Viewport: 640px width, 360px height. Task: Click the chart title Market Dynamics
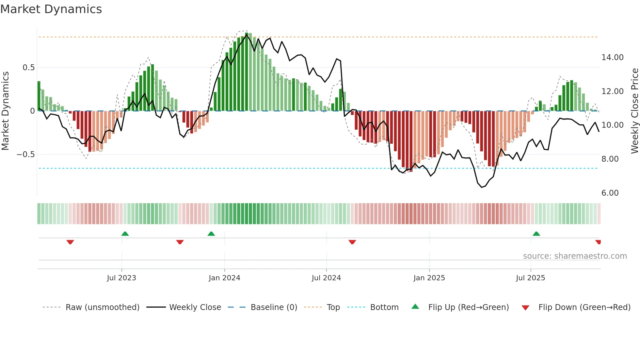(51, 9)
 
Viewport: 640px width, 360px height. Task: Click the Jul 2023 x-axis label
(121, 278)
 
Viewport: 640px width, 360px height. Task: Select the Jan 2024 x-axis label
(224, 278)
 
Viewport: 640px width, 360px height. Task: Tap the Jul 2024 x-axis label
(326, 278)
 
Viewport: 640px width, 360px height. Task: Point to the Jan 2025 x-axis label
(429, 278)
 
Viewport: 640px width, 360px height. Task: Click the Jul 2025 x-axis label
(531, 278)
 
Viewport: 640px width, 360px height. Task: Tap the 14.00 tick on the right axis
(612, 57)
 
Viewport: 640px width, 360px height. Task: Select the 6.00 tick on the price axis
(610, 193)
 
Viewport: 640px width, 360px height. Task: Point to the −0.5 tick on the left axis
(25, 155)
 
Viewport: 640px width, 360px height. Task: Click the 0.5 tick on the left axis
(28, 68)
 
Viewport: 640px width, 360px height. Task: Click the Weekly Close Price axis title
(634, 111)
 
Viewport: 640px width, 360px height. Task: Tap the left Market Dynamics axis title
(5, 111)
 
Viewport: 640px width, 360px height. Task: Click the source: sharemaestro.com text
(575, 256)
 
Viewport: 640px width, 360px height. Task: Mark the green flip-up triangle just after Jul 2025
(536, 234)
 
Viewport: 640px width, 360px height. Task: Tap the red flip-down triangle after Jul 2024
(352, 242)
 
